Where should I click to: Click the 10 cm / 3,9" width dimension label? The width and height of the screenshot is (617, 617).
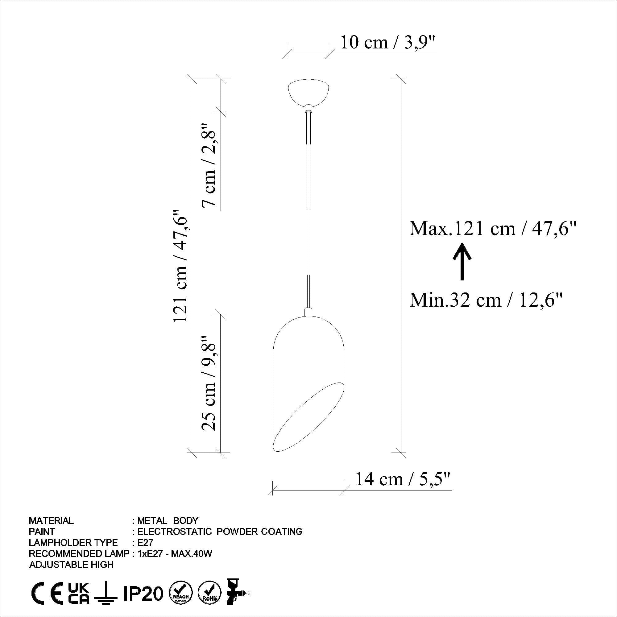tap(388, 43)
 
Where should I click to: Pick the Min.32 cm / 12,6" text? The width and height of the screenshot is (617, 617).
tap(486, 300)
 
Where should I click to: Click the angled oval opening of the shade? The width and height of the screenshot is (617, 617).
tap(308, 418)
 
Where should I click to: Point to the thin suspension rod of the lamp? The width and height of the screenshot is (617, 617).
tap(308, 208)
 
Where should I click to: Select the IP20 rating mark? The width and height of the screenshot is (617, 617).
tap(143, 593)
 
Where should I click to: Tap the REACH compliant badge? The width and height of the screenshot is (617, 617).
tap(181, 593)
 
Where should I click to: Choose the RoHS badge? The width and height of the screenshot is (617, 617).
tap(209, 593)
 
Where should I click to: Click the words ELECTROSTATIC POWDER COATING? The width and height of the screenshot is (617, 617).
tap(220, 532)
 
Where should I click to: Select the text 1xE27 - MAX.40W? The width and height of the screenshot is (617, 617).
tap(175, 553)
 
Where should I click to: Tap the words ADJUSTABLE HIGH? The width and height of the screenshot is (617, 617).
tap(71, 564)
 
